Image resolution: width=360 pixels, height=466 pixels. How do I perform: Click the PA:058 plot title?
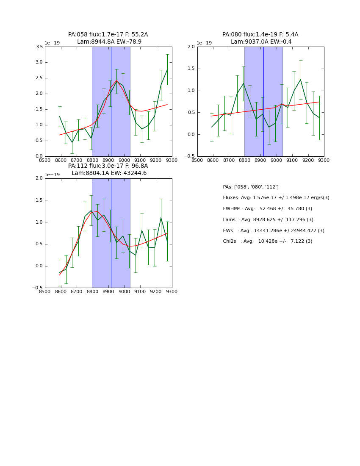(108, 35)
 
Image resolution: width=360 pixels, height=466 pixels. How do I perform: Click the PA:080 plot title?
(260, 35)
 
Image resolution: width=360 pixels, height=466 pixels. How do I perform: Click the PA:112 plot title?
(108, 166)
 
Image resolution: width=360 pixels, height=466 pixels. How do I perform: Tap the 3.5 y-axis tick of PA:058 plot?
(38, 47)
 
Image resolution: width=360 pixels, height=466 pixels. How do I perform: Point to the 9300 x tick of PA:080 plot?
(324, 160)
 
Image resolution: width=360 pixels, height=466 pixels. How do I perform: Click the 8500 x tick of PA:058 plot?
(45, 160)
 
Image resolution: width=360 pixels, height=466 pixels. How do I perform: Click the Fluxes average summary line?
(276, 198)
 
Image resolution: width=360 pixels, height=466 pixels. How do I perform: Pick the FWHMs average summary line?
(267, 209)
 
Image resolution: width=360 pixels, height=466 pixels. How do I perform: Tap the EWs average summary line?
(274, 231)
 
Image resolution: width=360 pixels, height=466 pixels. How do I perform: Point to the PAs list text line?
(251, 187)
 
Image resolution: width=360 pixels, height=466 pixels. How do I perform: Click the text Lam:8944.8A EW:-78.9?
(109, 42)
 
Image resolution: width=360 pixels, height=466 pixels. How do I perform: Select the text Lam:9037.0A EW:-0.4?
(261, 42)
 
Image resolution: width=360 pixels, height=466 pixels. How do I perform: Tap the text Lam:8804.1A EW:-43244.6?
(109, 173)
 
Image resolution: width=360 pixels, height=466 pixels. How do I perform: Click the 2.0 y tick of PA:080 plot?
(191, 47)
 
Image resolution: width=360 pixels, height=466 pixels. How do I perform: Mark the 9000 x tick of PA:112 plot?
(124, 291)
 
